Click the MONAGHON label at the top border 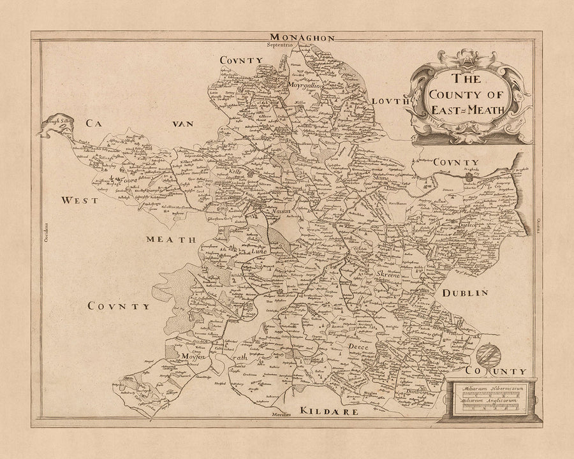[x=302, y=38]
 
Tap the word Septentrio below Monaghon [x=282, y=46]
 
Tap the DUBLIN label [x=464, y=293]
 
